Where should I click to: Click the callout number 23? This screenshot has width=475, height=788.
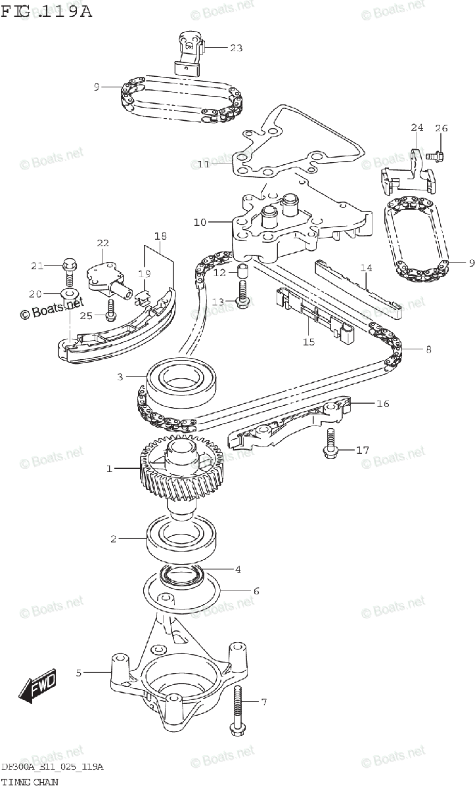pyautogui.click(x=236, y=47)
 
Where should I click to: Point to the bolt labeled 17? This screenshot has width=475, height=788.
pyautogui.click(x=330, y=445)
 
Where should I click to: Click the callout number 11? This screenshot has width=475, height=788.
pyautogui.click(x=204, y=164)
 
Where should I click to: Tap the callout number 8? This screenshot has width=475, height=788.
pyautogui.click(x=428, y=349)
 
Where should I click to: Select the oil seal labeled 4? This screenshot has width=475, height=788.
pyautogui.click(x=182, y=576)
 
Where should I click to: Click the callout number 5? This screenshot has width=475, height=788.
pyautogui.click(x=79, y=672)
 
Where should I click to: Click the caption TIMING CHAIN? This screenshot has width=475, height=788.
pyautogui.click(x=29, y=781)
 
